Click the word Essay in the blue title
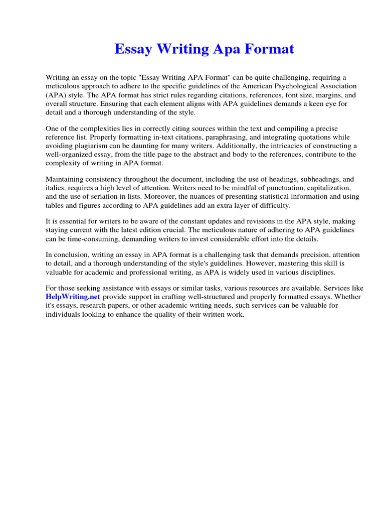pyautogui.click(x=132, y=49)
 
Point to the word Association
pyautogui.click(x=338, y=86)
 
